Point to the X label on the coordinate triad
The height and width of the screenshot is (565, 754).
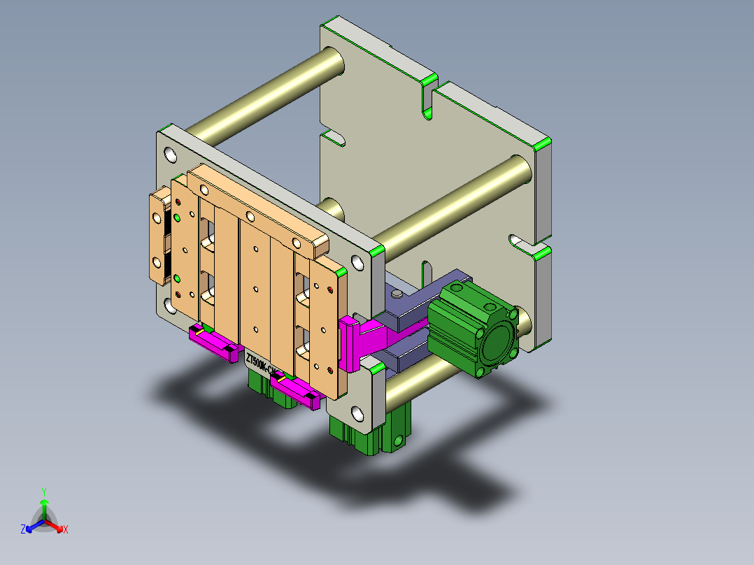pos(66,530)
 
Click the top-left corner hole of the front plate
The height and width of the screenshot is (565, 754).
pos(170,153)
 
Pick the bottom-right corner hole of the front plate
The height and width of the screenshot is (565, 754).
pos(357,414)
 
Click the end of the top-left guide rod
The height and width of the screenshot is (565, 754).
pos(334,63)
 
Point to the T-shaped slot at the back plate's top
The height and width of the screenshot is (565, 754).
pos(427,97)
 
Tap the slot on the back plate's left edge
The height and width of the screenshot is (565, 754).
pos(334,137)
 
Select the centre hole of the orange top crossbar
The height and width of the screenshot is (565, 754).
pos(249,216)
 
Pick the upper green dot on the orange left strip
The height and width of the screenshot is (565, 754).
pos(177,218)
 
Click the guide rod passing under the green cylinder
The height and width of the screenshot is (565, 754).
pos(420,378)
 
